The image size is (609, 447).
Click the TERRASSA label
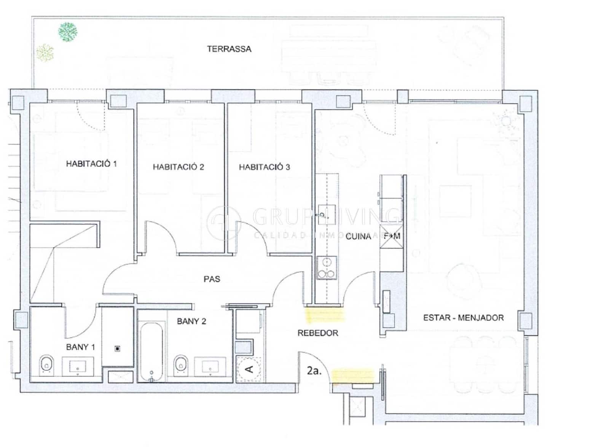229,49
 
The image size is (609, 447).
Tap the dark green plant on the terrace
68,32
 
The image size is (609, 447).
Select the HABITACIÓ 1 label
91,164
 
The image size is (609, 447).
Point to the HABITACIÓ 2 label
178,167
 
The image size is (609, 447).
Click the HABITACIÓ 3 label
264,167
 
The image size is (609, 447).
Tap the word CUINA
358,237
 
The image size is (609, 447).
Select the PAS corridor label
212,279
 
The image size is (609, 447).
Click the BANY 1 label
80,347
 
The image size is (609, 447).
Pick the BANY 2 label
191,321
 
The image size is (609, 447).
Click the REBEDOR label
318,333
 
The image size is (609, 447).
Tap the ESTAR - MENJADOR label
463,318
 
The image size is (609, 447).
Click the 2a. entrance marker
314,371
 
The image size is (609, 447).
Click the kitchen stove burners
327,269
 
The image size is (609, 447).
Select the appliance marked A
249,369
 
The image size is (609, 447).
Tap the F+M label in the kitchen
392,236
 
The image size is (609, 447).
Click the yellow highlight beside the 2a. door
352,375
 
